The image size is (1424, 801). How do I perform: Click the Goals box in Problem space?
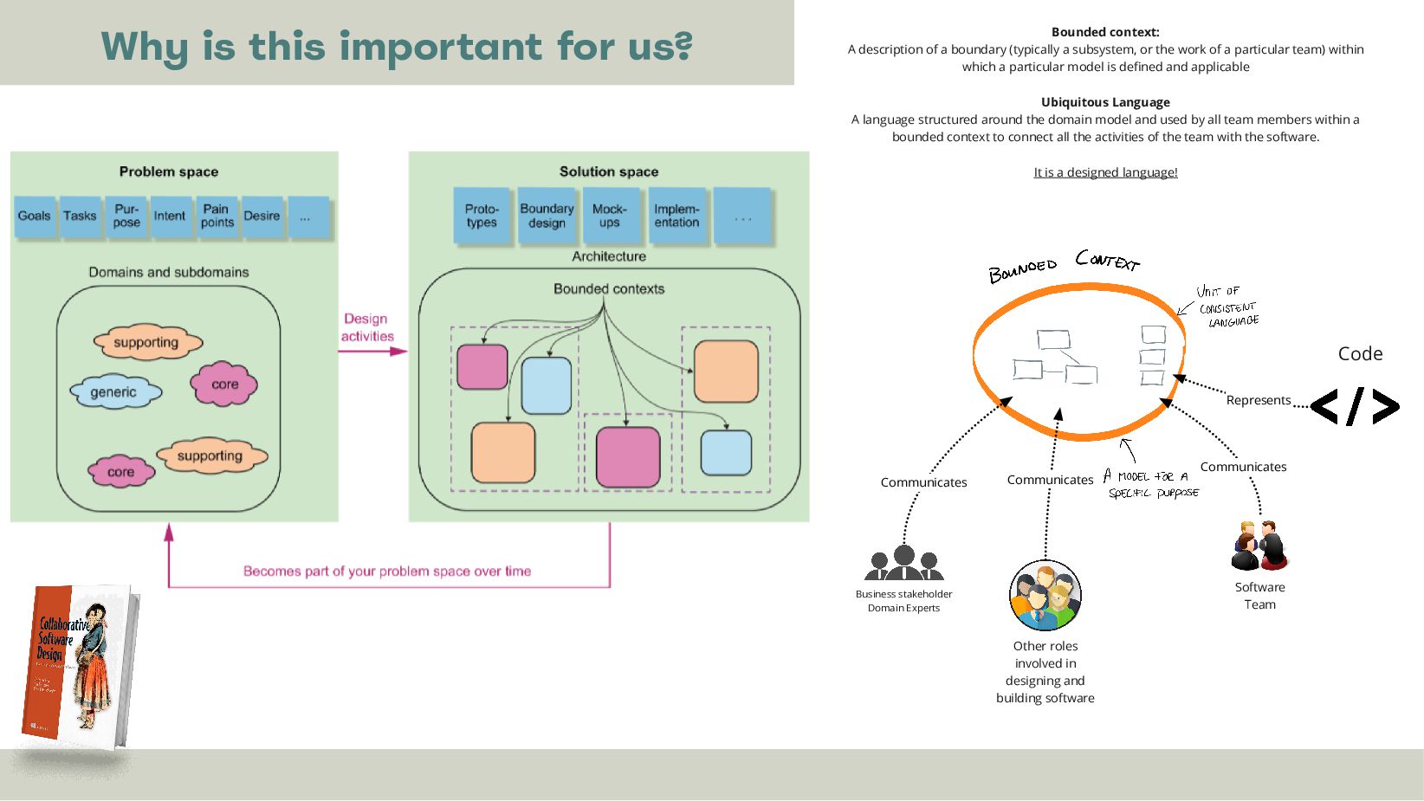tap(35, 216)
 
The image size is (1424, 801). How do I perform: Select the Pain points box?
tap(217, 216)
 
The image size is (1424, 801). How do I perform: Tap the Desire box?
tap(262, 216)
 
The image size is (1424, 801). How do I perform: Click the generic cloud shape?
tap(114, 392)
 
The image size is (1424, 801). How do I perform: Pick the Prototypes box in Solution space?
tap(482, 216)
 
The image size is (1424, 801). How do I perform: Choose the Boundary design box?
tap(547, 216)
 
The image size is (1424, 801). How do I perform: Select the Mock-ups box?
tap(610, 216)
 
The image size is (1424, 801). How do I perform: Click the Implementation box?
tap(676, 216)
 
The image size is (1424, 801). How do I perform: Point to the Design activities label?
tap(367, 327)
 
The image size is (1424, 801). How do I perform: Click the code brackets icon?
tap(1355, 406)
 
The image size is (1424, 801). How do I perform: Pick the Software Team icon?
tap(1259, 546)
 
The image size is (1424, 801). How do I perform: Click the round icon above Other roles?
tap(1045, 595)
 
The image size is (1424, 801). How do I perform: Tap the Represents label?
tap(1258, 400)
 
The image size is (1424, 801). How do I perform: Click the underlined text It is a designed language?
tap(1105, 172)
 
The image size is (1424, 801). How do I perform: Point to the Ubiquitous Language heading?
tap(1105, 102)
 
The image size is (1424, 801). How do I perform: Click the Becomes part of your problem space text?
tap(387, 572)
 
